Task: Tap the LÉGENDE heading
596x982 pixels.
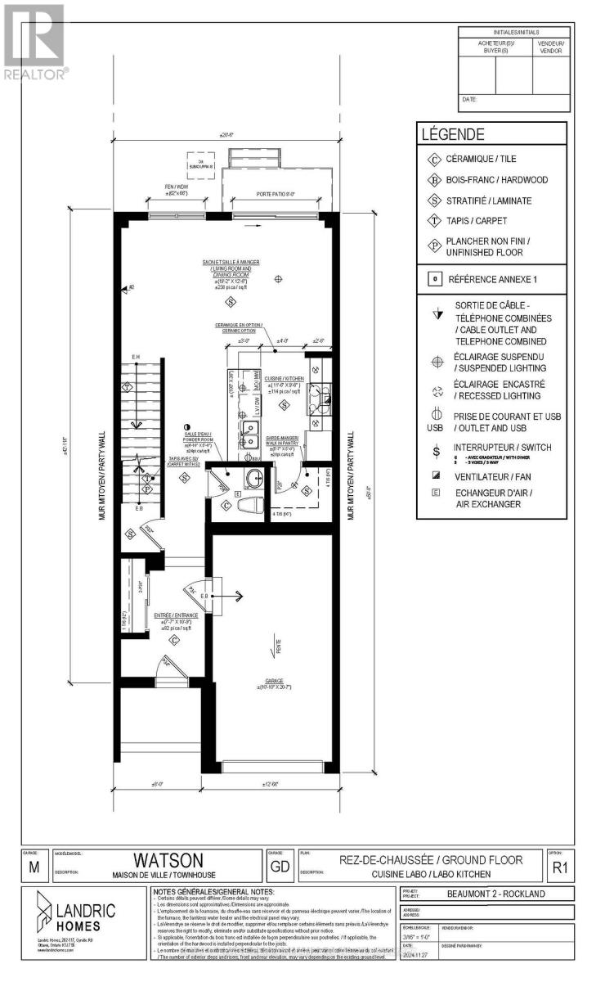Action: (452, 135)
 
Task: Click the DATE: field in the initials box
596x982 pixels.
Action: (470, 99)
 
